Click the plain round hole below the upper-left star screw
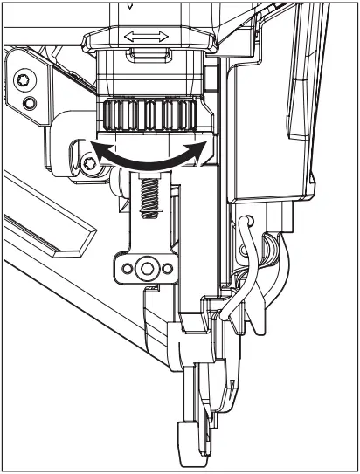tap(31, 104)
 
